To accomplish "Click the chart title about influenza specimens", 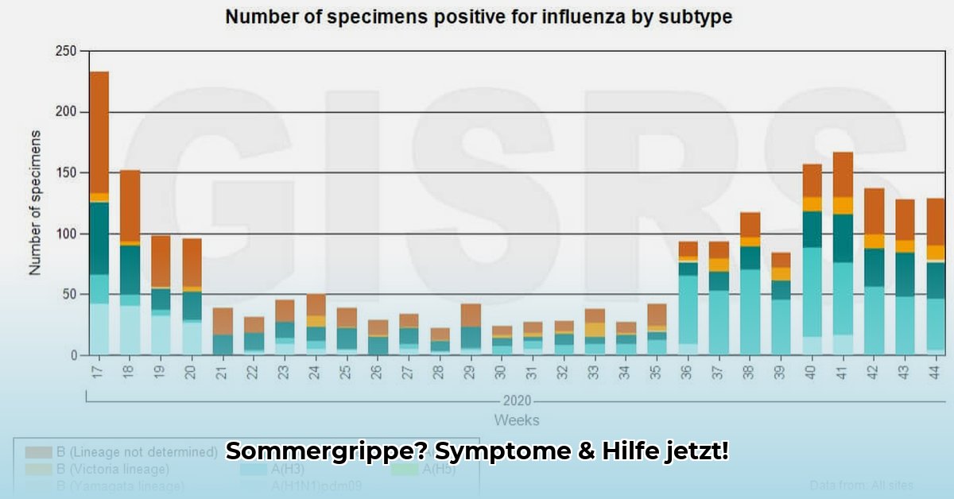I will (x=478, y=17).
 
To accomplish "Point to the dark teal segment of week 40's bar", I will (x=812, y=229).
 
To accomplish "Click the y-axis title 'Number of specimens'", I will (x=35, y=203).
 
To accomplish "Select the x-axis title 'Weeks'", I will (x=516, y=420).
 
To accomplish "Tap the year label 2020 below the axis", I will (x=517, y=400).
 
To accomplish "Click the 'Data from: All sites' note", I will (x=862, y=485).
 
